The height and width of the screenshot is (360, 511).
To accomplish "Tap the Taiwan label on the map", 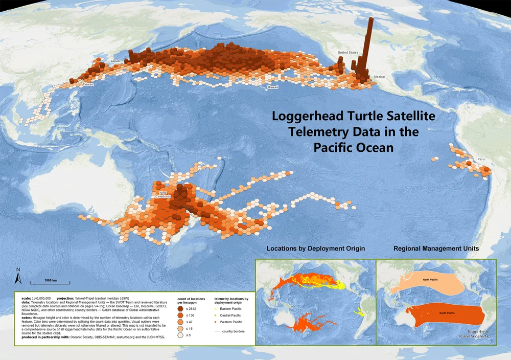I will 88,84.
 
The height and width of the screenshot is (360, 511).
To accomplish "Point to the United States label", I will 348,53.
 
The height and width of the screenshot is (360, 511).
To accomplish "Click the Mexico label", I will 379,76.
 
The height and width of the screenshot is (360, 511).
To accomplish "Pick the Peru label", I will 480,160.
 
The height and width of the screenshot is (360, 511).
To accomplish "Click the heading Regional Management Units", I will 436,249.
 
